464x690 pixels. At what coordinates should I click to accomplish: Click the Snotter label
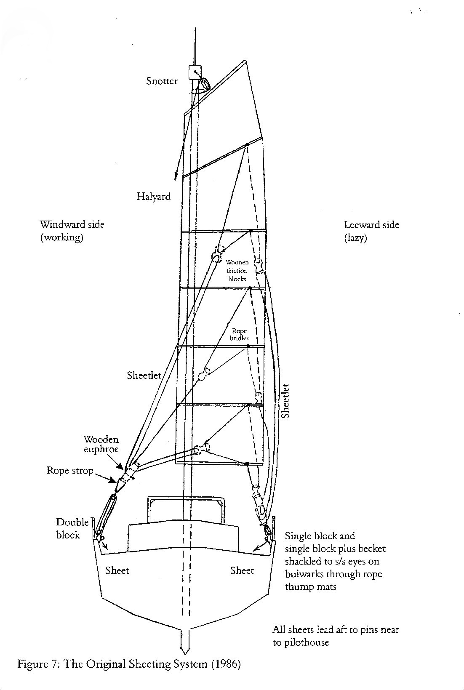coord(162,81)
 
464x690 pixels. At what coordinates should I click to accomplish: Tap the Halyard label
coord(153,197)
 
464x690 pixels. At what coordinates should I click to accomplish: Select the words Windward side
coord(72,224)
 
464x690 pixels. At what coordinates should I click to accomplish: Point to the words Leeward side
coord(371,225)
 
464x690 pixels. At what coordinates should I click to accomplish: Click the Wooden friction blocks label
coord(237,270)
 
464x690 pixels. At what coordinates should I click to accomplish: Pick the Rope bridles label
coord(240,334)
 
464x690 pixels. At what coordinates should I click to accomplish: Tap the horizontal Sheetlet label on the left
coord(144,375)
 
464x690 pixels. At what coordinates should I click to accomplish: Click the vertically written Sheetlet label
coord(285,401)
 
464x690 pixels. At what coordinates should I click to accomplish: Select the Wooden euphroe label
coord(101,444)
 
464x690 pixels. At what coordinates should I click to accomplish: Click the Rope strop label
coord(70,470)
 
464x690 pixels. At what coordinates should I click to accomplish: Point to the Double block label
coord(72,528)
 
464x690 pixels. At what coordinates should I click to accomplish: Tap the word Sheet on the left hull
coord(117,570)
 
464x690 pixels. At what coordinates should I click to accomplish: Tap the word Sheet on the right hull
coord(242,571)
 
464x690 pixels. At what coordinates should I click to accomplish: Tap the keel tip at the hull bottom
coord(185,654)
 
